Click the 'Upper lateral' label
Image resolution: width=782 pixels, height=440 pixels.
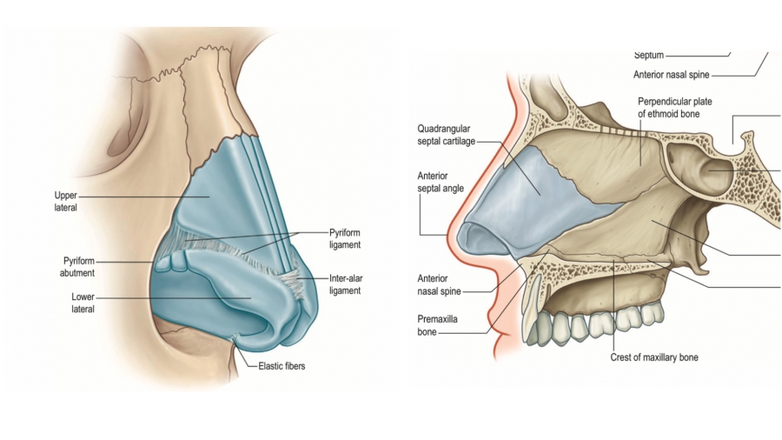(66, 202)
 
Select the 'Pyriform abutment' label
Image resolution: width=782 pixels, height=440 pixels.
(78, 266)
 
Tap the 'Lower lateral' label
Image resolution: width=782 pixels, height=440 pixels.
(83, 303)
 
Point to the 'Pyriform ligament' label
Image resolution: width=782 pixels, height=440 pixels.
(344, 238)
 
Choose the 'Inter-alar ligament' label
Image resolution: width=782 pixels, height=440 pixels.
(344, 284)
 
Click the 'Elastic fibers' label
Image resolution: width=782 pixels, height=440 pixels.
(282, 366)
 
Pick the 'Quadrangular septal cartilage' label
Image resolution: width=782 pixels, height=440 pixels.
(446, 135)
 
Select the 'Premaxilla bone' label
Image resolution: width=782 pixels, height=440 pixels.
(437, 324)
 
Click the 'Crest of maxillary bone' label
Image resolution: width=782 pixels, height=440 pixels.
(653, 357)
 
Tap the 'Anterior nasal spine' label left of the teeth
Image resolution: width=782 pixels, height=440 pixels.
(439, 285)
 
